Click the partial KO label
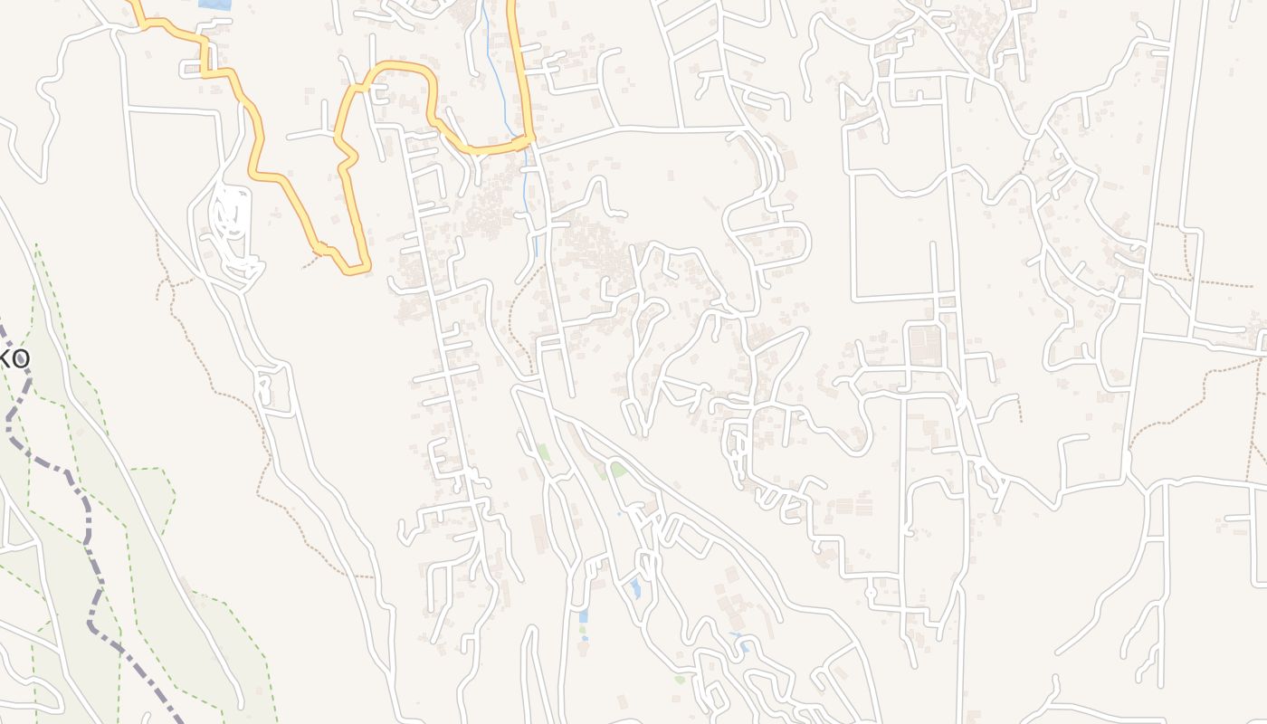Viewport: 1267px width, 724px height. [15, 359]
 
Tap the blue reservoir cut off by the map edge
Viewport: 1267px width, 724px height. [214, 5]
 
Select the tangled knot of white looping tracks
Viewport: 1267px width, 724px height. [232, 217]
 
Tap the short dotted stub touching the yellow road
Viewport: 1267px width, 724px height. [310, 262]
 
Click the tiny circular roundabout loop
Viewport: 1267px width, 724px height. [871, 593]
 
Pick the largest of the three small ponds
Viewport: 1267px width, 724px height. [636, 589]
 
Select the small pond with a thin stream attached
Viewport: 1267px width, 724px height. [744, 645]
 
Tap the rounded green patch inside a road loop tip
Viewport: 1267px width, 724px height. [619, 469]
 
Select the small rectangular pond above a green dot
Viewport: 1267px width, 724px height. [583, 616]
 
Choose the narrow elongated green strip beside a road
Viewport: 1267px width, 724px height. [544, 452]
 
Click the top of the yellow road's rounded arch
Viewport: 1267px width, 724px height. [394, 65]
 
